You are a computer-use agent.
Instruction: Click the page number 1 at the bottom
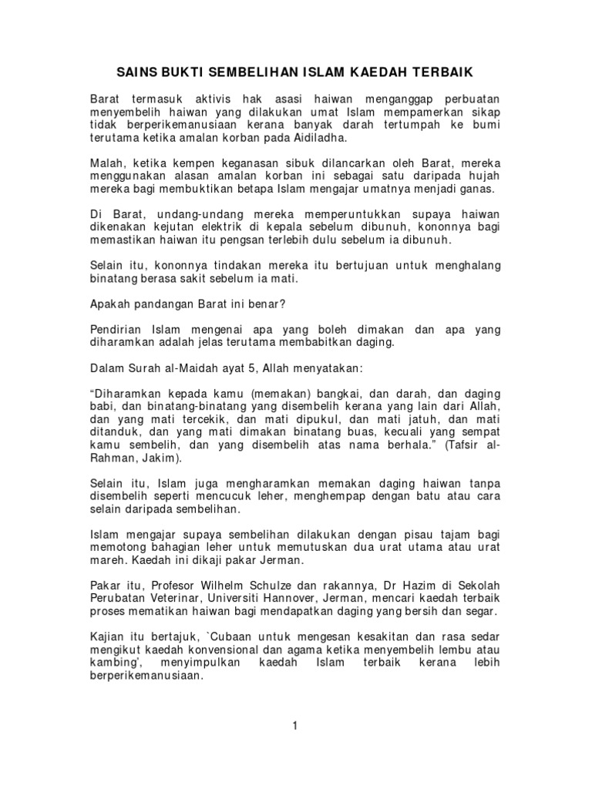pos(295,725)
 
